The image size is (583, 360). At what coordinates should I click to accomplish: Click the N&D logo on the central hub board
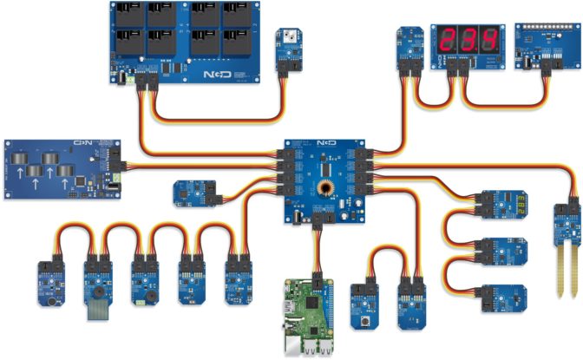(325, 142)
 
